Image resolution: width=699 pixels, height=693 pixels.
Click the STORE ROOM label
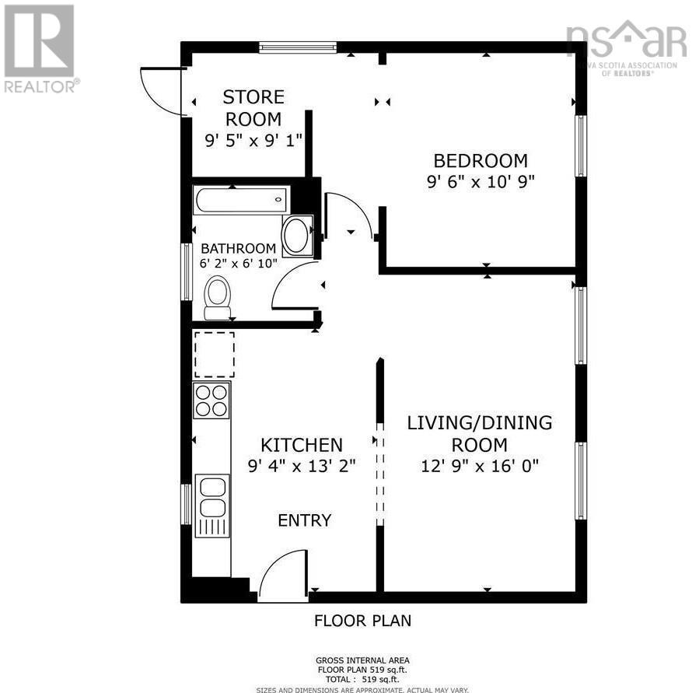tap(253, 108)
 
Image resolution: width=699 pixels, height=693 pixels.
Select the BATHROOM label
tap(238, 249)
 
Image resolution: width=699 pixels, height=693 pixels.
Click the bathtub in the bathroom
tap(241, 200)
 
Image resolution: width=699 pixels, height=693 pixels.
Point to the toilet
tap(218, 299)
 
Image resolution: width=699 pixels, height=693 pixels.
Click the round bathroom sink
tap(296, 236)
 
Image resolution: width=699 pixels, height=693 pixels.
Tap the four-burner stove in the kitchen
tap(211, 400)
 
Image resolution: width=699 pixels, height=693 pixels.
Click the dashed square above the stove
tap(213, 355)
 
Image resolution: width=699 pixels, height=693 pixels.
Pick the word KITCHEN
tap(301, 445)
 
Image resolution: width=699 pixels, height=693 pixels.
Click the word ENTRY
tap(305, 520)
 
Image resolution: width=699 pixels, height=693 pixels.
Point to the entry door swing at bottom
tap(282, 576)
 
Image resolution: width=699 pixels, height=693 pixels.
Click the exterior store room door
tap(161, 92)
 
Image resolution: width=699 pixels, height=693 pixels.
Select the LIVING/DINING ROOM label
tap(480, 434)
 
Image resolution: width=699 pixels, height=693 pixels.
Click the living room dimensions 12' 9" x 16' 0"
tap(480, 466)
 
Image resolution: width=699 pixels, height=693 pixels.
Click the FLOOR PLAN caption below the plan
tap(362, 621)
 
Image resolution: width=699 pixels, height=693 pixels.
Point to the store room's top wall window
tap(298, 47)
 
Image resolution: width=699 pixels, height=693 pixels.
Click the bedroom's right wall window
tap(580, 145)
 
